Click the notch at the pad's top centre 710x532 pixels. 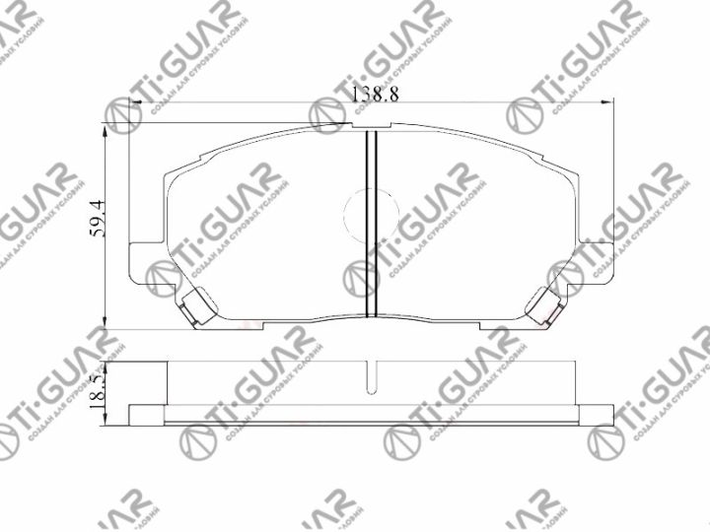point(372,126)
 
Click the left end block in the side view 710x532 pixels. point(146,415)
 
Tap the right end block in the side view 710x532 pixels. point(597,415)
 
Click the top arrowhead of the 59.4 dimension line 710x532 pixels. point(105,124)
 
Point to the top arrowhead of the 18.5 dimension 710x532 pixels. point(105,362)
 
